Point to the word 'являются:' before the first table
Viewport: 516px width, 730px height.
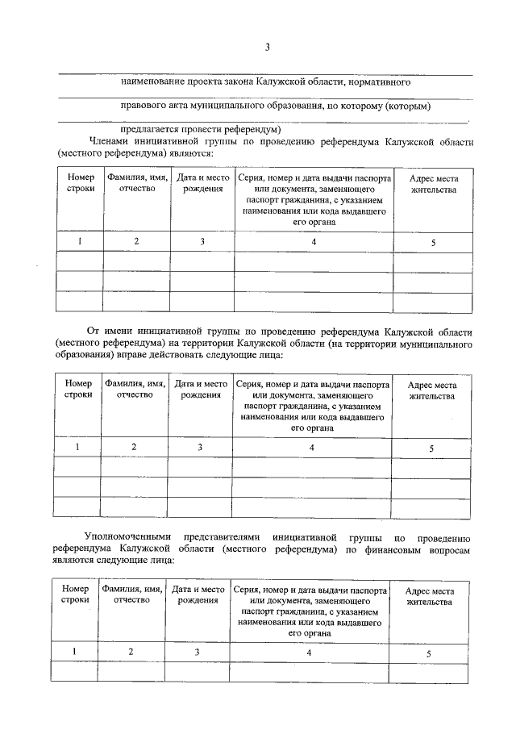pos(189,152)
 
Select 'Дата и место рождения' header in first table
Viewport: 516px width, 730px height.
pos(202,183)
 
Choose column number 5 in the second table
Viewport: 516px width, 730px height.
pos(431,448)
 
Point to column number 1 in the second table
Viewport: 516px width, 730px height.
pos(77,447)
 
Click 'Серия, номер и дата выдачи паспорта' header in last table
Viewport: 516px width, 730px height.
pos(310,590)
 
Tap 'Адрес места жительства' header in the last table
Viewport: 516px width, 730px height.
pos(429,596)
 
